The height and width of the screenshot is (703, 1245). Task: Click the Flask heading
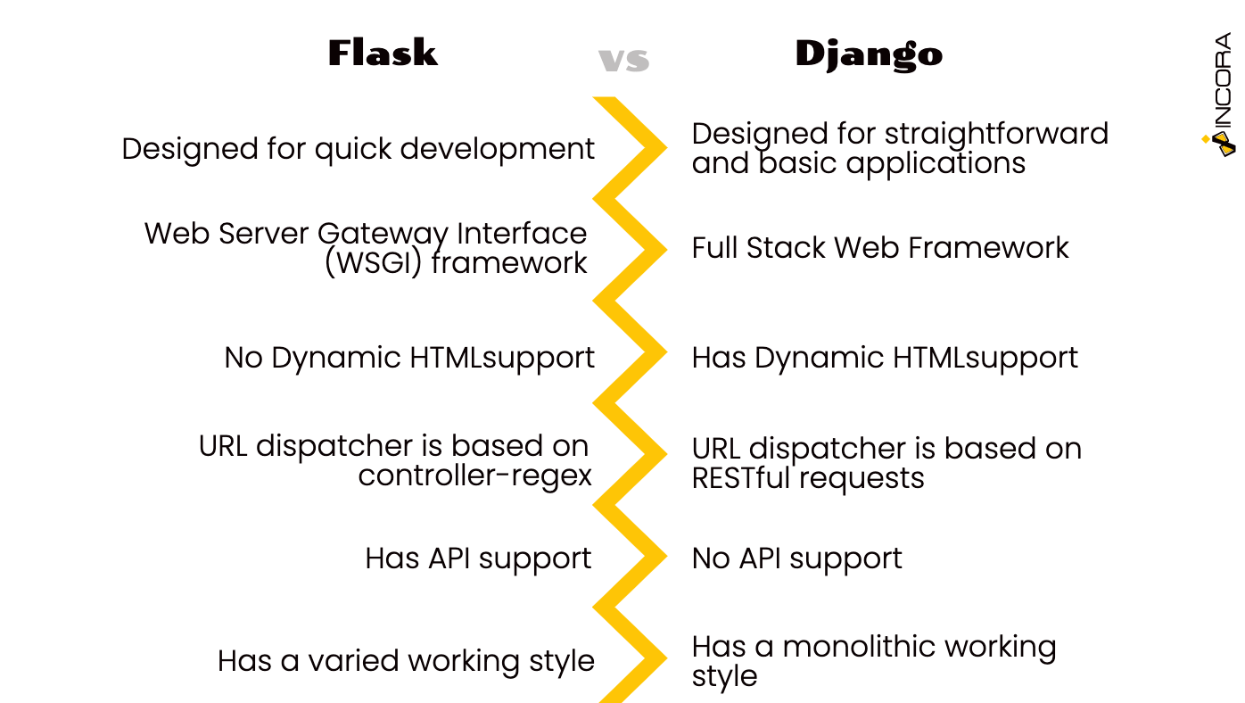tap(383, 54)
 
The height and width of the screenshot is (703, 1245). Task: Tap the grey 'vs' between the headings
tap(623, 61)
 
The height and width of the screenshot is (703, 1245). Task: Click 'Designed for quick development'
tap(358, 149)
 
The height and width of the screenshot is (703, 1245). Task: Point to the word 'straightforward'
tap(996, 134)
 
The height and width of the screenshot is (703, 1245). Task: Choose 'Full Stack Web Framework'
tap(879, 248)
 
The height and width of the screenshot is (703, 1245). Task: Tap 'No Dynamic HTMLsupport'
tap(409, 358)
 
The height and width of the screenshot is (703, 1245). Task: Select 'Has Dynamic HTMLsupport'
tap(885, 358)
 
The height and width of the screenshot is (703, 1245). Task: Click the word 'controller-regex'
tap(474, 476)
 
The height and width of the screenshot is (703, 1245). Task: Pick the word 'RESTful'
tap(741, 478)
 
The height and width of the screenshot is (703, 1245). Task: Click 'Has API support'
tap(478, 558)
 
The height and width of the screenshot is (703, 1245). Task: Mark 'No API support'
tap(796, 558)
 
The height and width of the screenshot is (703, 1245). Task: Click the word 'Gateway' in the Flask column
tap(383, 235)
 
